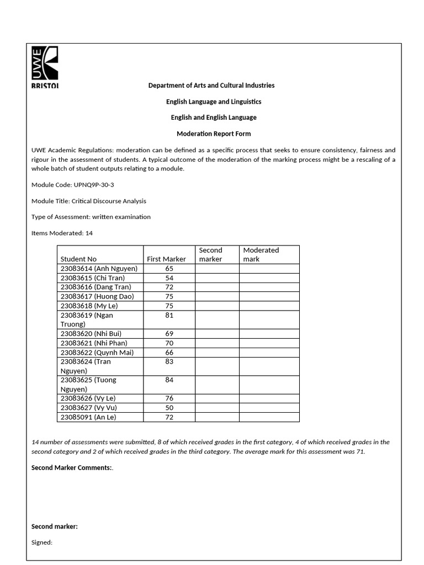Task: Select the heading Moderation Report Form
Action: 213,134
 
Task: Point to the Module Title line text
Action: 89,201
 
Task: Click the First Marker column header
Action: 166,259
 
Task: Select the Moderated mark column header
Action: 261,254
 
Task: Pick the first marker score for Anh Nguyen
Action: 169,269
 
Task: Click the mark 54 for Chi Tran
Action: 169,278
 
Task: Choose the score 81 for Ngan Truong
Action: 169,315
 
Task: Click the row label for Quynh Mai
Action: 97,353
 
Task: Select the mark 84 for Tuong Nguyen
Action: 169,380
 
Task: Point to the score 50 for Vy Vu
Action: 169,408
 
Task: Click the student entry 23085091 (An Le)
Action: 88,417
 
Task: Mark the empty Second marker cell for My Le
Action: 217,306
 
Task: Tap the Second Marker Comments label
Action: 72,468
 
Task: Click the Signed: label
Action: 42,542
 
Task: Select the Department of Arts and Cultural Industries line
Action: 211,86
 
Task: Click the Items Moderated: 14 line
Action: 62,233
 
